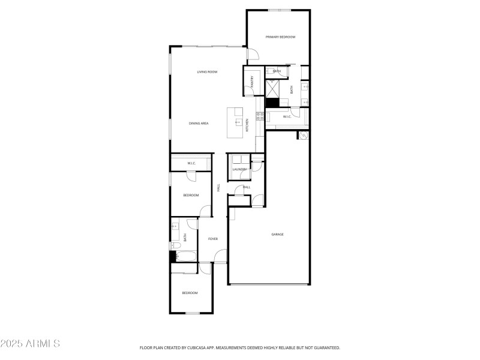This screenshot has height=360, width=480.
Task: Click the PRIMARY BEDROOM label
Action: point(281,37)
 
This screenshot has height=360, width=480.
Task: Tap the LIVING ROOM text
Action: point(207,72)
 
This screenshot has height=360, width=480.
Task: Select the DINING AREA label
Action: point(199,123)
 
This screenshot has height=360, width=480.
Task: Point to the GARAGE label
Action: point(277,234)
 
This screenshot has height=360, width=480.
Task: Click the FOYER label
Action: point(213,239)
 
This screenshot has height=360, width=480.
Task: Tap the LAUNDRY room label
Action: point(239,170)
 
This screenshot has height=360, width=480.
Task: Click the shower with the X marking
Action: point(273,88)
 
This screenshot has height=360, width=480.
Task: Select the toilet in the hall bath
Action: point(173,245)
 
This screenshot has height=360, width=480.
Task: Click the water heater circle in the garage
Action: point(304,136)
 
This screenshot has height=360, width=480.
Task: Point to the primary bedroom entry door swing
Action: point(253,54)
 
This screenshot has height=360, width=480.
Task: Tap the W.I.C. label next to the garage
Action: point(287,116)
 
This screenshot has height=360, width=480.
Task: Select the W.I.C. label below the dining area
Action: point(192,163)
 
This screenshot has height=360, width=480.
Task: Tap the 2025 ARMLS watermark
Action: point(30,344)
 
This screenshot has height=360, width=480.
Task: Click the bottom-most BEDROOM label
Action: point(190,293)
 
